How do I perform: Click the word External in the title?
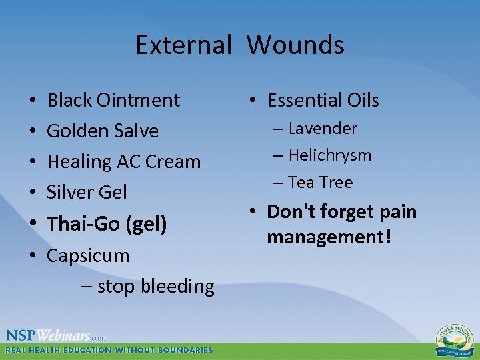tap(183, 45)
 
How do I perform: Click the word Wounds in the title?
tap(295, 45)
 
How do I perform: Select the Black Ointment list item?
tap(113, 100)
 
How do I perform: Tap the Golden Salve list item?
tap(103, 131)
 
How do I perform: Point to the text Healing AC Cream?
tap(123, 161)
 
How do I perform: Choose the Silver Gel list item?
tap(87, 192)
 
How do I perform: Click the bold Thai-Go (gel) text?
tap(107, 223)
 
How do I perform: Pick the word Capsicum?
tap(88, 255)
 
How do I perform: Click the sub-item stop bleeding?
tap(155, 287)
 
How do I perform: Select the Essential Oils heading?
tap(323, 100)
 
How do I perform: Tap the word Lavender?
tap(323, 128)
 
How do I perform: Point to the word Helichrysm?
tap(329, 155)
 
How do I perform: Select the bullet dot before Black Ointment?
tap(33, 101)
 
